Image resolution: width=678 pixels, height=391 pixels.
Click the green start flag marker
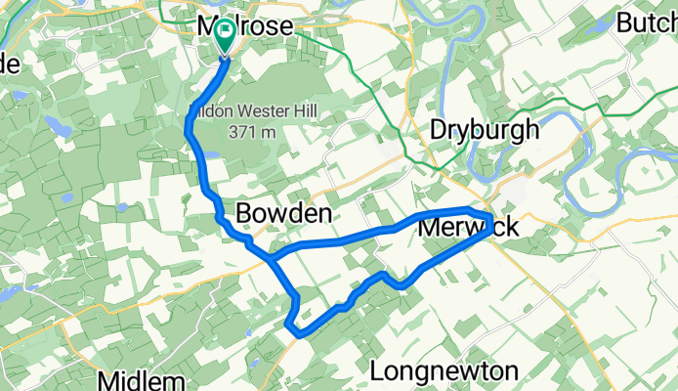click(x=226, y=36)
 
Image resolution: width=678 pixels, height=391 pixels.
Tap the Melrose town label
click(x=244, y=26)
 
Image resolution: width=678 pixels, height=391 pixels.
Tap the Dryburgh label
click(x=485, y=130)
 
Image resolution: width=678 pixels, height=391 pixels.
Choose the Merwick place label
click(x=470, y=228)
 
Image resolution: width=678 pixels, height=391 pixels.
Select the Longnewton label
click(x=445, y=371)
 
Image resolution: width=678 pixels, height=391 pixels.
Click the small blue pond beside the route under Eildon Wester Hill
click(x=210, y=152)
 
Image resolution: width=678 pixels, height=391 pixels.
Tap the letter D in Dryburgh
click(x=441, y=130)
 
